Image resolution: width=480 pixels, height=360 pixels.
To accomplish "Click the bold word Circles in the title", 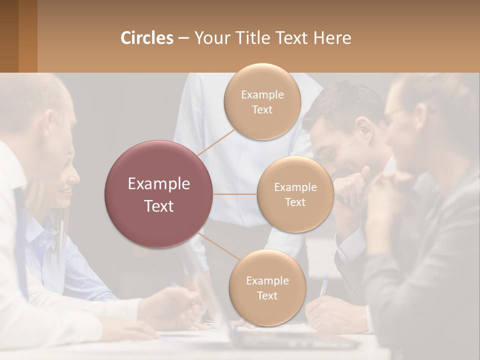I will point(147,38).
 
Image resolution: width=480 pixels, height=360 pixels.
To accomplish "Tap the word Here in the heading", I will point(332,38).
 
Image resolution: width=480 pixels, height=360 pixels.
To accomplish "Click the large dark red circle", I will point(158,194).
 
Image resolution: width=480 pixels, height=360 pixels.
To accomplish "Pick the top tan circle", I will point(262,101).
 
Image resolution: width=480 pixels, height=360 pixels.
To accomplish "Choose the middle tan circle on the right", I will point(295,194).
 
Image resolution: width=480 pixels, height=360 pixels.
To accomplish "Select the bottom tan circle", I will point(267,287).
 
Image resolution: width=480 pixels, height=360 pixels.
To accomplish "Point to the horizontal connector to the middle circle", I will point(234,194).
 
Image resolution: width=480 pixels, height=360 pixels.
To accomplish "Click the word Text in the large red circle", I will point(158,206).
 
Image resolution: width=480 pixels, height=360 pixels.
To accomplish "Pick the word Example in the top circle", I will point(262,95).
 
